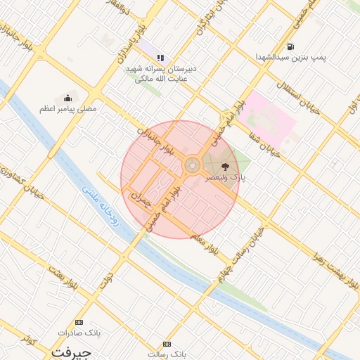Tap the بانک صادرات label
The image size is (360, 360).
pyautogui.click(x=79, y=332)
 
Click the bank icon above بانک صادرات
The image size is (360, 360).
pyautogui.click(x=79, y=321)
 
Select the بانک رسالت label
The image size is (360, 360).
pyautogui.click(x=167, y=355)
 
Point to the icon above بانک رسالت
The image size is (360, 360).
pyautogui.click(x=167, y=344)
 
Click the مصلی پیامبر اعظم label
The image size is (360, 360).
pyautogui.click(x=67, y=110)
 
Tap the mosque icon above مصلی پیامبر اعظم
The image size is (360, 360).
pyautogui.click(x=67, y=98)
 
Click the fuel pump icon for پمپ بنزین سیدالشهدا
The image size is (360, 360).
pyautogui.click(x=290, y=46)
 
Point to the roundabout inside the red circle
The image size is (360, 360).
pyautogui.click(x=191, y=166)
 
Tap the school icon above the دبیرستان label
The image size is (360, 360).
pyautogui.click(x=160, y=58)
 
